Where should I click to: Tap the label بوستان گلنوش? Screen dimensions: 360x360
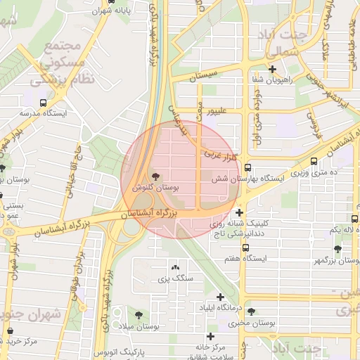click(x=156, y=188)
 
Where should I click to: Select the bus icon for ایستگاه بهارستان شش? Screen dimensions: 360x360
click(x=247, y=168)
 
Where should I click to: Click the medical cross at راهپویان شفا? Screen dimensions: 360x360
click(x=272, y=69)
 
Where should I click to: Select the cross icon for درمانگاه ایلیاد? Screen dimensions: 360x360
click(x=220, y=297)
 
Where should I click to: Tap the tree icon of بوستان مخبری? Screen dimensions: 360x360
click(x=251, y=311)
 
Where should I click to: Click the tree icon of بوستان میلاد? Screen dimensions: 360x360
click(x=139, y=315)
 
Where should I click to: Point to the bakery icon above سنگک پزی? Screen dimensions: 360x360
click(x=175, y=267)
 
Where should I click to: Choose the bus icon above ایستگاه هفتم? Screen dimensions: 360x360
click(x=245, y=247)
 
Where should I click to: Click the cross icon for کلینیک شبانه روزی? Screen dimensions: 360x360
click(x=240, y=212)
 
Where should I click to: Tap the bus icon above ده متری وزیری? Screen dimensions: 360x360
click(x=314, y=161)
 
